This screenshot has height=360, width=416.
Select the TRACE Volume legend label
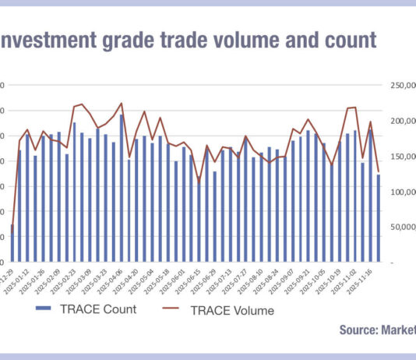point(233,310)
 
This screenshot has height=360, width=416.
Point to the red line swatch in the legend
point(178,309)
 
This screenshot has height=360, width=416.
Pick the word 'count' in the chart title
point(347,40)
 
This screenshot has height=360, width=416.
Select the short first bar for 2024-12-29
point(12,243)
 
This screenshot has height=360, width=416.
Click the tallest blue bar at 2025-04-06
point(122,188)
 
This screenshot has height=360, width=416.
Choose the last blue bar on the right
point(379,217)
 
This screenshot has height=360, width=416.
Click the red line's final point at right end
point(379,172)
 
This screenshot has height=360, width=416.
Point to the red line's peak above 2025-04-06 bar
point(122,103)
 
